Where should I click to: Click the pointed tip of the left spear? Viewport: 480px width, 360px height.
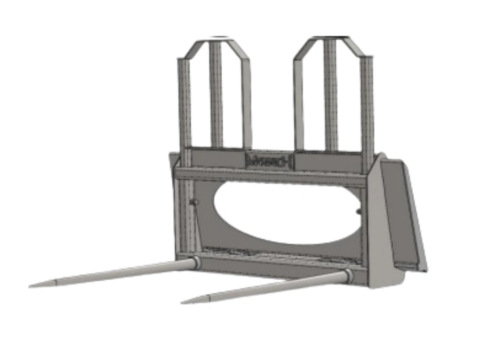click(31, 287)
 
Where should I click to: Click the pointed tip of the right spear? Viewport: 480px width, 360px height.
click(183, 302)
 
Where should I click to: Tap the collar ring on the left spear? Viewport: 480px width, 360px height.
click(196, 263)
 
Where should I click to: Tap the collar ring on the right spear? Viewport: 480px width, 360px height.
click(348, 276)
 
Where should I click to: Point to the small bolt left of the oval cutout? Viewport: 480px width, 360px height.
click(193, 203)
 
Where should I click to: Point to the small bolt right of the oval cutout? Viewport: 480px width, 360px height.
click(358, 212)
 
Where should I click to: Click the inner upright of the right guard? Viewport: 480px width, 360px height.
click(299, 103)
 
